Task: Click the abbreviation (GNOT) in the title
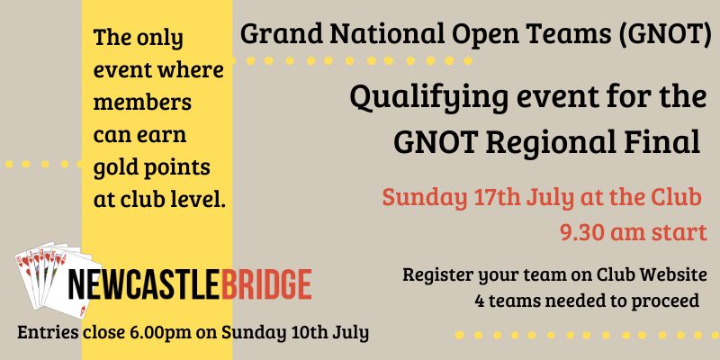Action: (664, 34)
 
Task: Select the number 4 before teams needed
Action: (480, 301)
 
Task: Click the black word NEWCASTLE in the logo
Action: (143, 284)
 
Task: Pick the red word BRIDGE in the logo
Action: (265, 284)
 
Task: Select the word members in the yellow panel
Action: (142, 102)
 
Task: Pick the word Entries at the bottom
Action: (48, 333)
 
